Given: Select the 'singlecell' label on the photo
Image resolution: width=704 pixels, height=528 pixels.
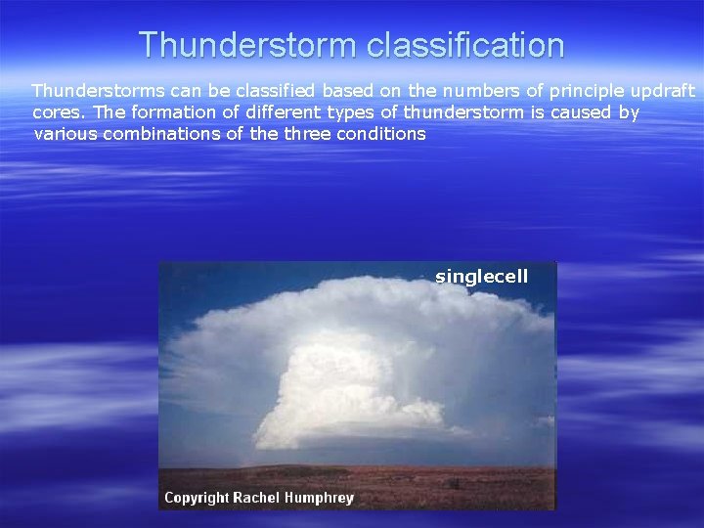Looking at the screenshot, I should pos(481,277).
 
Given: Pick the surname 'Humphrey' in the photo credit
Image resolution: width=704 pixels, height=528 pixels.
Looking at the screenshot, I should pos(320,498).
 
